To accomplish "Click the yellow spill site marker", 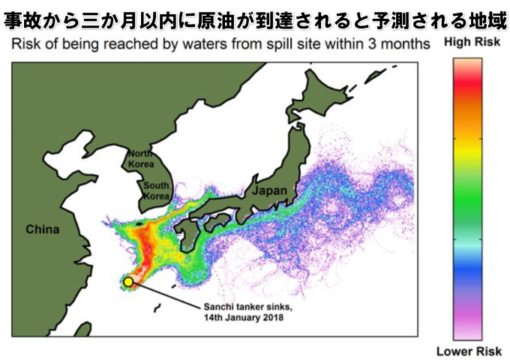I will tap(128, 281).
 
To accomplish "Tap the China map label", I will tap(42, 229).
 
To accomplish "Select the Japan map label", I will tap(270, 192).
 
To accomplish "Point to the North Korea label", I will tap(140, 158).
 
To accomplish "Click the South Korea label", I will tap(157, 191).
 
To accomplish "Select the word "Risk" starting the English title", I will tap(24, 44).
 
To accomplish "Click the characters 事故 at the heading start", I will tap(28, 16).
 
